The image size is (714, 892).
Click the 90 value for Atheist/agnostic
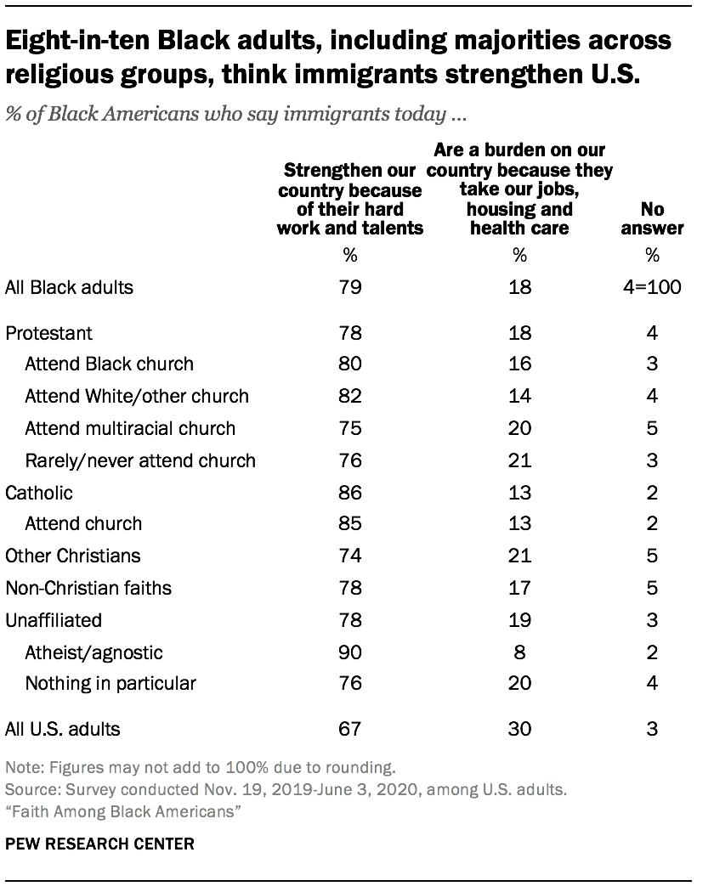(x=350, y=653)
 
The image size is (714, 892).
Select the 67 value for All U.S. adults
(x=350, y=728)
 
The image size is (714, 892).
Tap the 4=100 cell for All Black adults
(x=652, y=286)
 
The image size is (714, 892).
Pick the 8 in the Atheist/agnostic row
(x=519, y=653)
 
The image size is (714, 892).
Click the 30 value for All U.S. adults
(x=519, y=728)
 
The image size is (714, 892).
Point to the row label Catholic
(x=39, y=493)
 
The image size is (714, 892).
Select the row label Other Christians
(x=73, y=556)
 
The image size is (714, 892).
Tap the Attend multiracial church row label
(x=130, y=429)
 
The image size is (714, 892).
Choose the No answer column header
(x=652, y=218)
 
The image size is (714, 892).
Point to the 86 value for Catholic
(x=350, y=493)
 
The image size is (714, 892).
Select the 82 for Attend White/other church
(x=350, y=396)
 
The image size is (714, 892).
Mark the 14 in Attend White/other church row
(x=519, y=396)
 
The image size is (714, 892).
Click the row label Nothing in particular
(x=110, y=683)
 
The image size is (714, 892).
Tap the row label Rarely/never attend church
(x=140, y=460)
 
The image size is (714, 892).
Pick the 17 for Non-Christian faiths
(x=519, y=587)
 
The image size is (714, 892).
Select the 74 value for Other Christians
(x=350, y=556)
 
